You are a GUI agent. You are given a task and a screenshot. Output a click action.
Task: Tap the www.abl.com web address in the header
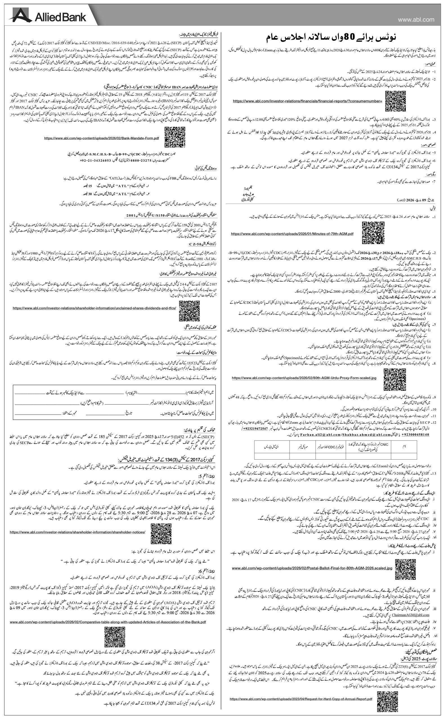tap(416, 19)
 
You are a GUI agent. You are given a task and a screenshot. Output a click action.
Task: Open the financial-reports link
tap(307, 101)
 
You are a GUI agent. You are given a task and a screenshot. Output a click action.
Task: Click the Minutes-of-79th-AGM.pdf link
tap(292, 233)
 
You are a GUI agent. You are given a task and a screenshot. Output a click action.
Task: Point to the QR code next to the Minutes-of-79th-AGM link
tap(373, 233)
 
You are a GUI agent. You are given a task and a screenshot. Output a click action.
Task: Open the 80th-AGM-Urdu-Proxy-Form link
tap(304, 378)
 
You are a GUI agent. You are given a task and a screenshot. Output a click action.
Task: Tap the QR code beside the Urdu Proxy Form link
tap(395, 379)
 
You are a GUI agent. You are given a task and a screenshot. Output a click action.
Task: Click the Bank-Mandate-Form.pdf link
tap(102, 138)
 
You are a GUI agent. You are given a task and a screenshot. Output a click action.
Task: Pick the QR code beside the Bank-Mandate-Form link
tap(175, 137)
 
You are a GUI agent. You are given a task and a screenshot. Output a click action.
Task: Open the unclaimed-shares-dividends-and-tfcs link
tap(94, 308)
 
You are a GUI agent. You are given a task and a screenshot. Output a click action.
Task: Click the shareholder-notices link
tap(77, 532)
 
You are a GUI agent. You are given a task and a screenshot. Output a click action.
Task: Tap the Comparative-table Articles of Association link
tap(108, 613)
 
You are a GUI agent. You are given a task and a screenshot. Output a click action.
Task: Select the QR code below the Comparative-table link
tap(115, 629)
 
